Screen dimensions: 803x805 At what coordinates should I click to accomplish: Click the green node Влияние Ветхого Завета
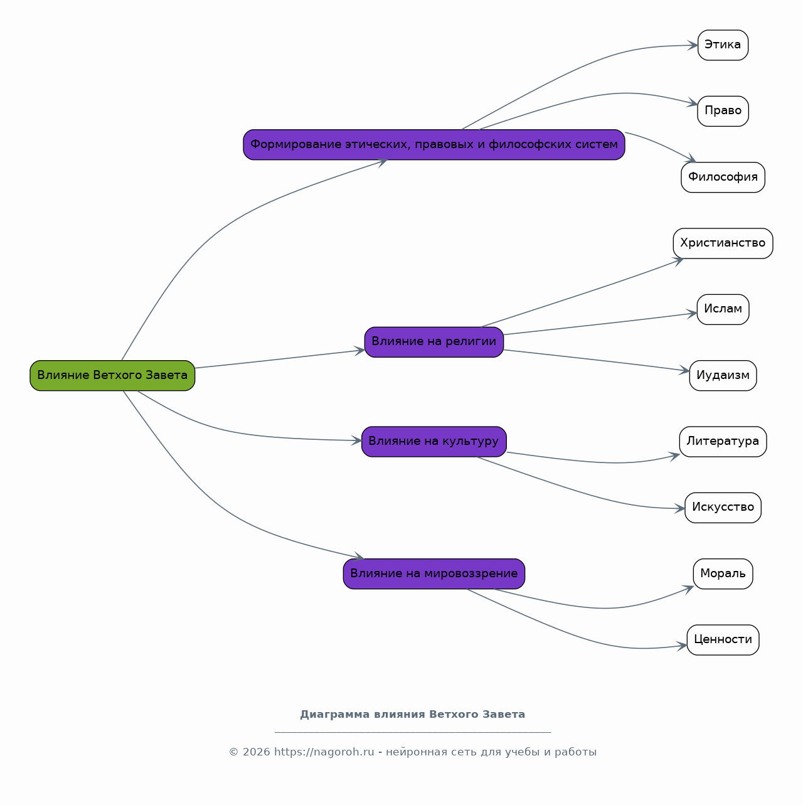[112, 376]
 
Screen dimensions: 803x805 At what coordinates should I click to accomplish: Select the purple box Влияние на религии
[434, 342]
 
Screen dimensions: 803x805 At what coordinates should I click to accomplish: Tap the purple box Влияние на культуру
[434, 442]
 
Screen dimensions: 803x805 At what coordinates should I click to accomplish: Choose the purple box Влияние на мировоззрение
[434, 574]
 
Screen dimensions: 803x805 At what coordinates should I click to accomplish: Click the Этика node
[723, 45]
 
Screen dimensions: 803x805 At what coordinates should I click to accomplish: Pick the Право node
[723, 111]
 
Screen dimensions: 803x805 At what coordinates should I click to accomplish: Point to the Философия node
[723, 178]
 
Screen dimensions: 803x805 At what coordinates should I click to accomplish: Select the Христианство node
[723, 243]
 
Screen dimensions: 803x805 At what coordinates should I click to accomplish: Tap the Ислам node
[723, 309]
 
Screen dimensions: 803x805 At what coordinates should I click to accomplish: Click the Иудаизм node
[723, 376]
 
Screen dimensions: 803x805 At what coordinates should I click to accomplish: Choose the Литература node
[723, 442]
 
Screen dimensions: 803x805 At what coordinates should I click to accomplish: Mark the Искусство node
[723, 508]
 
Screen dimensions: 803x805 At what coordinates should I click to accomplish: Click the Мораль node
[723, 574]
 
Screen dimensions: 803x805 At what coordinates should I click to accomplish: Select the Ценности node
[723, 640]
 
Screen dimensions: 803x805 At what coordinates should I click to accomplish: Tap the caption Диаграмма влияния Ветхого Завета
[413, 715]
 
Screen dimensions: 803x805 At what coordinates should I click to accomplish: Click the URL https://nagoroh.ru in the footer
[324, 752]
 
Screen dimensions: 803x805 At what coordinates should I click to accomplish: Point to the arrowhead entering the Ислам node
[693, 314]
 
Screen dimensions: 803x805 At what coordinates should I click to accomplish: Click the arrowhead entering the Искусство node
[680, 509]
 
